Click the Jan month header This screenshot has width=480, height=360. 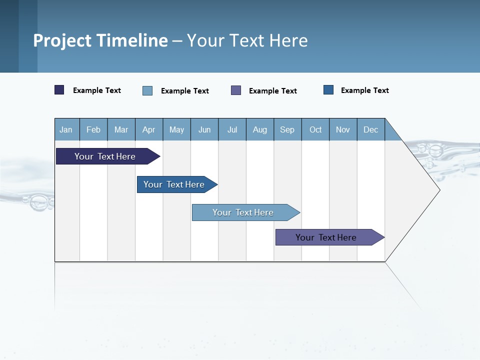(x=66, y=129)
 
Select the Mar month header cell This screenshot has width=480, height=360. (x=121, y=129)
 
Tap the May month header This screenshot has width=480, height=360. (x=176, y=129)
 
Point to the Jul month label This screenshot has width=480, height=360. (x=232, y=129)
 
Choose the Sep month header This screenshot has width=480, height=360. (x=287, y=129)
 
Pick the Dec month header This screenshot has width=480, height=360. (x=370, y=129)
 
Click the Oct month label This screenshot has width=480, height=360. (x=315, y=129)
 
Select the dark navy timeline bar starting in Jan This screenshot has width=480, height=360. (x=105, y=156)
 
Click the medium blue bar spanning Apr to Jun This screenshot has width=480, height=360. (x=174, y=184)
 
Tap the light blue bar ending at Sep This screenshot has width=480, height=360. (x=243, y=212)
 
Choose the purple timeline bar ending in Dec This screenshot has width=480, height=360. (x=326, y=237)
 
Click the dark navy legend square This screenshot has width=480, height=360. (x=59, y=90)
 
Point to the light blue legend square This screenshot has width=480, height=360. (x=147, y=90)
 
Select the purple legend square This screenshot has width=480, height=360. (x=236, y=90)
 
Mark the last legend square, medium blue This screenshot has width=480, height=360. (x=328, y=90)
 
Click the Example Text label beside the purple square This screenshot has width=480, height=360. (x=272, y=91)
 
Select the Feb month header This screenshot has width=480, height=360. (x=93, y=129)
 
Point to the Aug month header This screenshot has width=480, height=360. (x=259, y=129)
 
